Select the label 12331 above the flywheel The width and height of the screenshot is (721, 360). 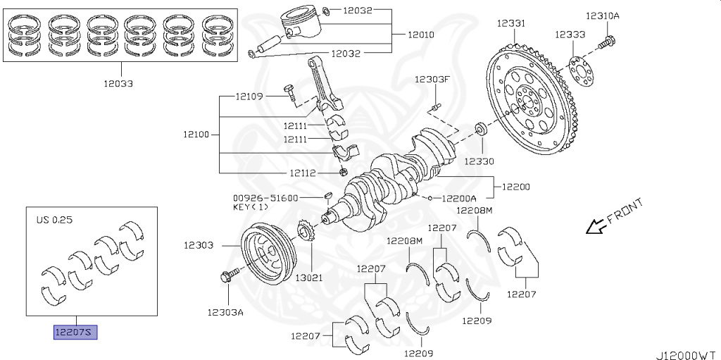pos(510,24)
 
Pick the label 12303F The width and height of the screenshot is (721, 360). pos(431,79)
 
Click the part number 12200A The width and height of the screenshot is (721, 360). pos(459,199)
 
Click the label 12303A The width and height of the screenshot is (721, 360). pos(225,311)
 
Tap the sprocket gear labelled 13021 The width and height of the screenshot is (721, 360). pos(306,232)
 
